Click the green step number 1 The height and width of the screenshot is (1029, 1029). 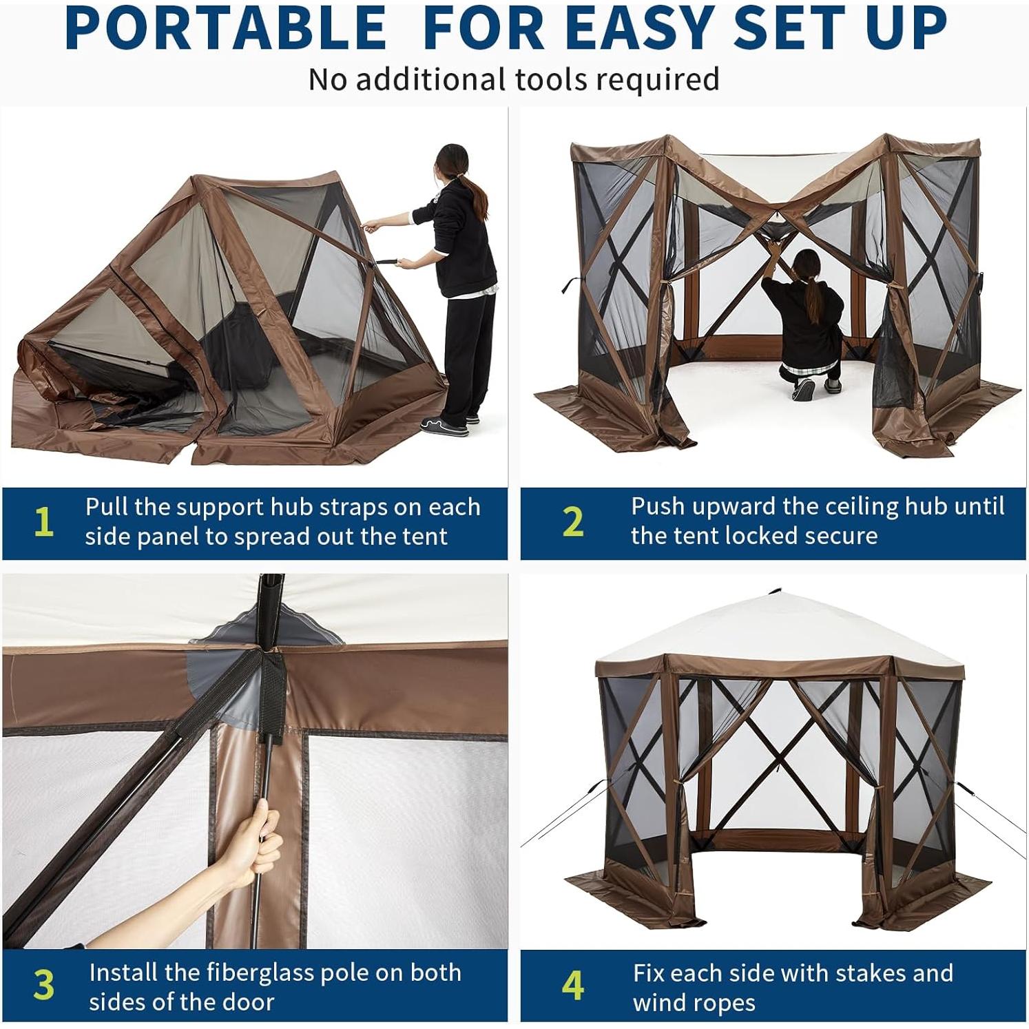click(x=43, y=522)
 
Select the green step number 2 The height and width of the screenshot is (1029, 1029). click(x=572, y=522)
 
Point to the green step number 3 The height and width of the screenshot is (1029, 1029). click(x=43, y=985)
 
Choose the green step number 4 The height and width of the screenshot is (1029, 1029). click(x=572, y=985)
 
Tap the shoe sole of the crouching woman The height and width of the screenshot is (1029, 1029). click(x=803, y=390)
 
